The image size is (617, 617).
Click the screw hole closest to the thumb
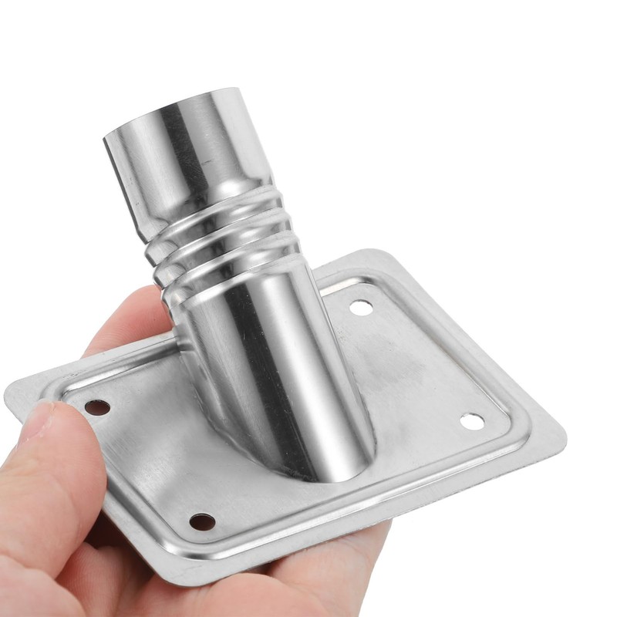tap(97, 407)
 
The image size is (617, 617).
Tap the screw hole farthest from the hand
tap(361, 308)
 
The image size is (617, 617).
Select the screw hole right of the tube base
tap(472, 421)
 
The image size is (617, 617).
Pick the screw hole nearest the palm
tap(202, 521)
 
